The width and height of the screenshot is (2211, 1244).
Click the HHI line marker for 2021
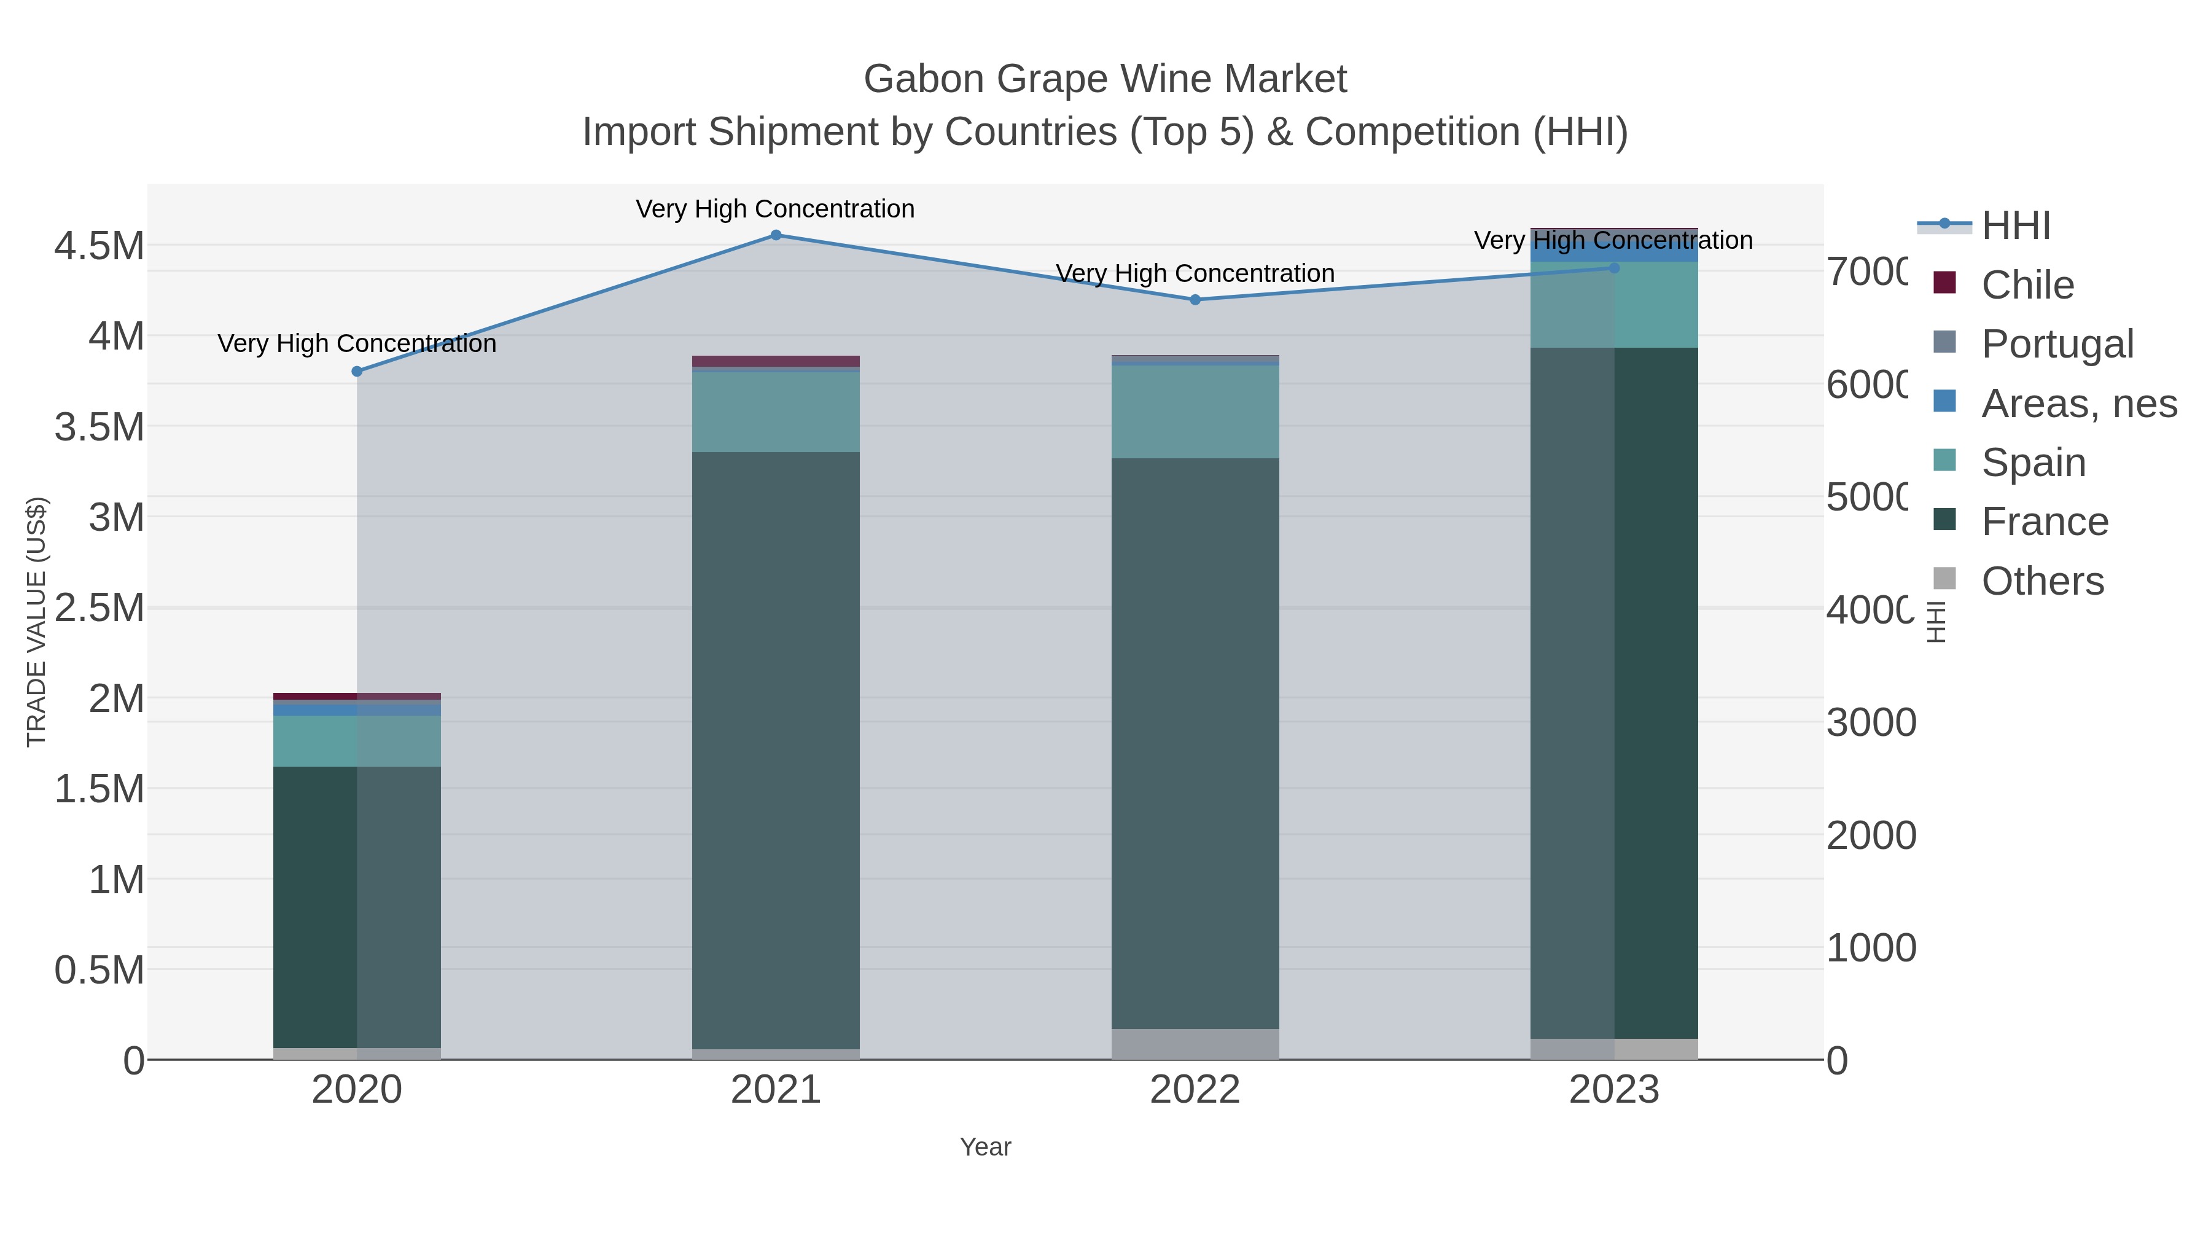[776, 235]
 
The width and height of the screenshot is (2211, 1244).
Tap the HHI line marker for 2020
[357, 372]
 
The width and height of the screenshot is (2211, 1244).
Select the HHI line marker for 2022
[1195, 300]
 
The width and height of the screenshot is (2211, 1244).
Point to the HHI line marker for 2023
[1613, 268]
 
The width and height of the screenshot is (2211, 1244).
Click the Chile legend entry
[2027, 285]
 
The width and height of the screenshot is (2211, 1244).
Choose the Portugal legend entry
[2056, 344]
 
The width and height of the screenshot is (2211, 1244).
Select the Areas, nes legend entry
[2078, 404]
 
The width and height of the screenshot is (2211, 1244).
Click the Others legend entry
[2042, 581]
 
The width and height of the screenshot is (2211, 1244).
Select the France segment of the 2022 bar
[1195, 743]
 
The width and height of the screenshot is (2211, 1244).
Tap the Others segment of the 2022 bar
[1195, 1044]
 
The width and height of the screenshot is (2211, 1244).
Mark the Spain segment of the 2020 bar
[357, 741]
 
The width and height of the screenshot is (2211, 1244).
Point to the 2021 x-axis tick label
[776, 1091]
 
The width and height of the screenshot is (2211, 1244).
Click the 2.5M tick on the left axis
[99, 608]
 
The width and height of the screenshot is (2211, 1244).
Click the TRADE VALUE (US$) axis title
[37, 622]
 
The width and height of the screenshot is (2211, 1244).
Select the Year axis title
[985, 1147]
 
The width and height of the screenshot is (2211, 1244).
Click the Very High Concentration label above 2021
[775, 209]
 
